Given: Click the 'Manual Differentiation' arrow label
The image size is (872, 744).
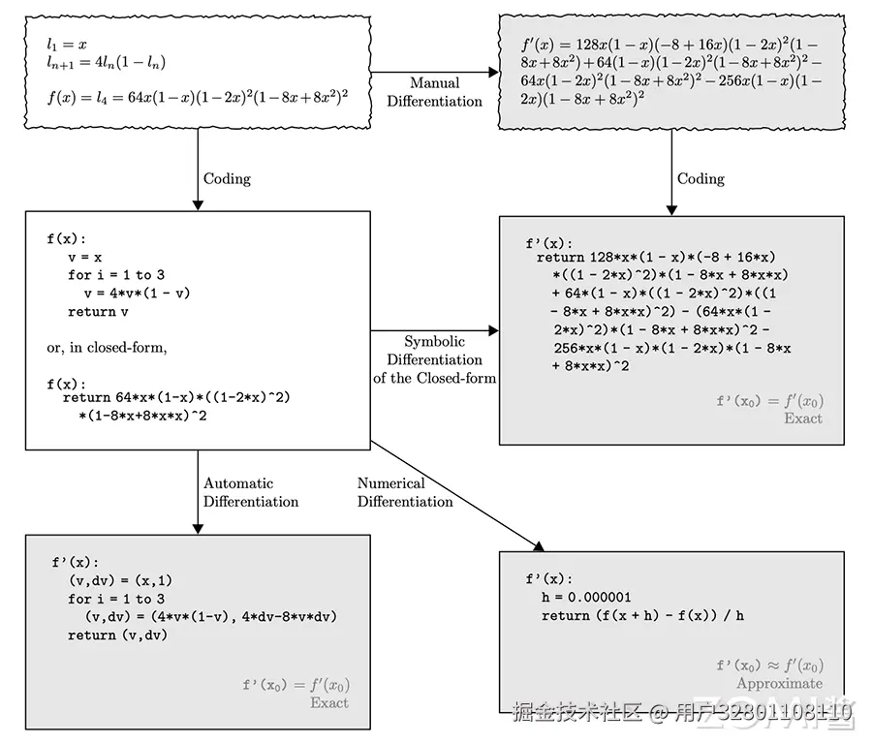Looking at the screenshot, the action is click(x=434, y=92).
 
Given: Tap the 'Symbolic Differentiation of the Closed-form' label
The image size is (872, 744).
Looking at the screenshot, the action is click(x=434, y=359).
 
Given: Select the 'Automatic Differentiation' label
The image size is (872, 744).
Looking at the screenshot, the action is click(x=251, y=492).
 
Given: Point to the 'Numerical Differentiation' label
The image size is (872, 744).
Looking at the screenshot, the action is click(x=405, y=492).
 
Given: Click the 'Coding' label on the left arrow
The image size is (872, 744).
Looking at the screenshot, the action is click(x=227, y=178).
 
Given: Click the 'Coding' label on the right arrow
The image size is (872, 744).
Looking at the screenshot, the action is click(x=701, y=178).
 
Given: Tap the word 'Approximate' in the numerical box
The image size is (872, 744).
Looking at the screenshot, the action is click(x=780, y=683).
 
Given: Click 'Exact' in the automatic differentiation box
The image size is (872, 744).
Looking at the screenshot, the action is click(x=329, y=703).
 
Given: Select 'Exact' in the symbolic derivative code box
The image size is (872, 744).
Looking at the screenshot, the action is click(x=803, y=418).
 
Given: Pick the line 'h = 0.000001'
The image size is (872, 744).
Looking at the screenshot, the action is click(x=586, y=597).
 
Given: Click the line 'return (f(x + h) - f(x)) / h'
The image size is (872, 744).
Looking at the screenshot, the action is click(x=642, y=615).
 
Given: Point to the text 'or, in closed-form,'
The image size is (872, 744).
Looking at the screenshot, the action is click(x=107, y=348).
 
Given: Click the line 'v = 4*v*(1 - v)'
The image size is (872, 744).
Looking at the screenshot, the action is click(x=137, y=293).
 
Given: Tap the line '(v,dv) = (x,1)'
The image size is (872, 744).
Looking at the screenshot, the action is click(x=120, y=580).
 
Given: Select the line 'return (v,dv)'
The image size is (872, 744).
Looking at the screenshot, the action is click(x=117, y=635).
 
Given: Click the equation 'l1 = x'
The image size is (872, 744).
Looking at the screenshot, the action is click(x=67, y=45).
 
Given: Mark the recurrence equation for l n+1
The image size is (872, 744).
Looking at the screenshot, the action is click(x=106, y=63).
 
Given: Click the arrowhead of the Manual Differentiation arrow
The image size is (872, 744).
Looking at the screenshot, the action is click(x=493, y=73).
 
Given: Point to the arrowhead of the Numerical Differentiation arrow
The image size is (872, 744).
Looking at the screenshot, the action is click(x=539, y=546).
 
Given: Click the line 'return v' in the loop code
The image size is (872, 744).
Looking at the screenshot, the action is click(x=98, y=311).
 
